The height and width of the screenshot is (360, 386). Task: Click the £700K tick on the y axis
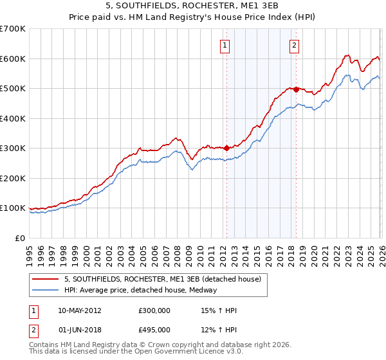click(13, 29)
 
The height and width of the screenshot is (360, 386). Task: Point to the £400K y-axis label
click(13, 118)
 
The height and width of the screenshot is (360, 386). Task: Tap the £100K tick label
click(13, 208)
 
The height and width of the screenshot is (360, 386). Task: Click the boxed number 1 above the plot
click(226, 45)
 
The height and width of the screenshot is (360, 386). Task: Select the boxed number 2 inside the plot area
click(294, 45)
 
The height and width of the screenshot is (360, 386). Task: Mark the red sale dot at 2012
click(226, 148)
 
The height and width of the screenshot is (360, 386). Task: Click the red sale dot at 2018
click(295, 90)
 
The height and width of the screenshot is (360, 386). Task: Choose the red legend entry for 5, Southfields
click(162, 279)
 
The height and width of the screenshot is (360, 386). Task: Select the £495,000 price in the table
click(154, 330)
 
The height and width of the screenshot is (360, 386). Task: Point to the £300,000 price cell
click(154, 310)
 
